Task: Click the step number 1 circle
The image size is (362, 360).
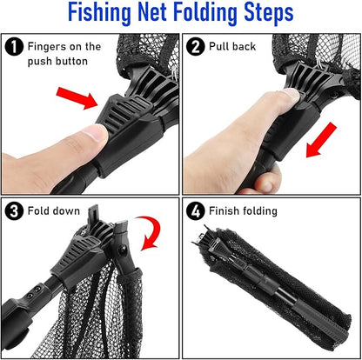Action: click(14, 47)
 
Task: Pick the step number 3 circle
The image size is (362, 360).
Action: click(14, 211)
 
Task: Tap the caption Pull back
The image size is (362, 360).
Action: click(233, 47)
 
